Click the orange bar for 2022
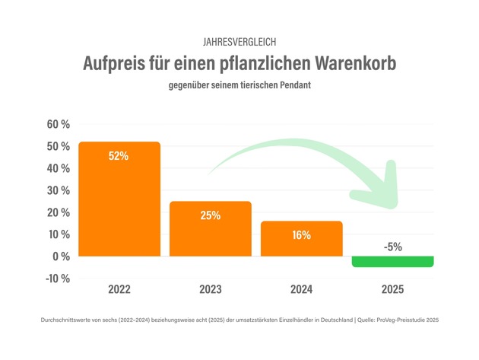pyautogui.click(x=119, y=199)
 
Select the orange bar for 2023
pyautogui.click(x=211, y=229)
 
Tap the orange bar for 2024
pyautogui.click(x=301, y=239)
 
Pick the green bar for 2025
pyautogui.click(x=392, y=262)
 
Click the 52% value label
pyautogui.click(x=119, y=156)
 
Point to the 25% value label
pyautogui.click(x=210, y=215)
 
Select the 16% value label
pyautogui.click(x=301, y=235)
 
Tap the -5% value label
pyautogui.click(x=393, y=247)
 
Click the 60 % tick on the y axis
pyautogui.click(x=59, y=124)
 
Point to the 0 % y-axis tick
pyautogui.click(x=62, y=256)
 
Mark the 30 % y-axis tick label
pyautogui.click(x=59, y=190)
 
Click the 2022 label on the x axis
pyautogui.click(x=119, y=290)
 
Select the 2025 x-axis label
pyautogui.click(x=392, y=290)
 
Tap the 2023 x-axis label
pyautogui.click(x=211, y=290)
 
